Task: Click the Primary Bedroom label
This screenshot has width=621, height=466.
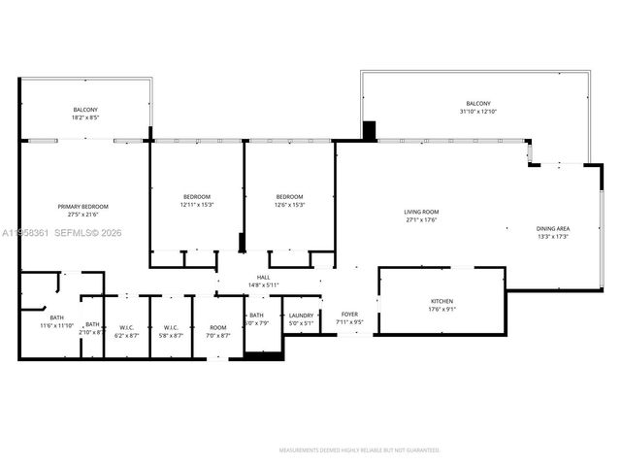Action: pos(82,207)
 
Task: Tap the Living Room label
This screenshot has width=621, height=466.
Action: pos(422,212)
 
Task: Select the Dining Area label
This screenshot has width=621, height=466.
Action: pos(552,229)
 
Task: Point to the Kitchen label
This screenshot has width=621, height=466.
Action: pos(441,302)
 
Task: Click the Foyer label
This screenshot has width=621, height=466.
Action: pos(349,315)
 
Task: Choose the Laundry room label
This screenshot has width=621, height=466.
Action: pos(300,315)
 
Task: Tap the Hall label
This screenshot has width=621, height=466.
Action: pos(262,277)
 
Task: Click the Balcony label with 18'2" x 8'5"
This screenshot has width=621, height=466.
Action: pos(85,110)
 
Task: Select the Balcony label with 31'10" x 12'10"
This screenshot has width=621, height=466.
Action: pos(477,104)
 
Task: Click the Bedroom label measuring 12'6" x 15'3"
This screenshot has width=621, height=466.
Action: pos(290,196)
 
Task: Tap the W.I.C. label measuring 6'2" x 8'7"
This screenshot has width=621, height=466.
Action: pos(126,327)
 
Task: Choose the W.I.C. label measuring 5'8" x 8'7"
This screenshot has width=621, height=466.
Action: pos(171,327)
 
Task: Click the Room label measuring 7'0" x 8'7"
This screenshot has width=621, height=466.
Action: pos(218,327)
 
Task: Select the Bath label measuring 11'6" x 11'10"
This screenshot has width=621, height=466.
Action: pos(56,318)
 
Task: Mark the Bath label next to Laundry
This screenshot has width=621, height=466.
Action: pos(256,315)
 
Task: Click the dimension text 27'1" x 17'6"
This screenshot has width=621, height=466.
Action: pos(422,219)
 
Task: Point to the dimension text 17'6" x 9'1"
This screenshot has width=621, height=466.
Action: pos(441,310)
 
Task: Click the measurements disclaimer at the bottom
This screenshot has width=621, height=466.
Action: pos(359,450)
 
